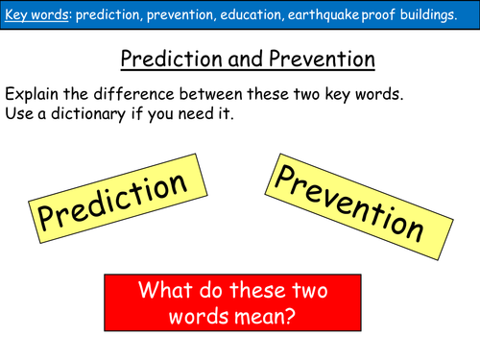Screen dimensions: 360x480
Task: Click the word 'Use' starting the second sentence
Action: coord(21,116)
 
